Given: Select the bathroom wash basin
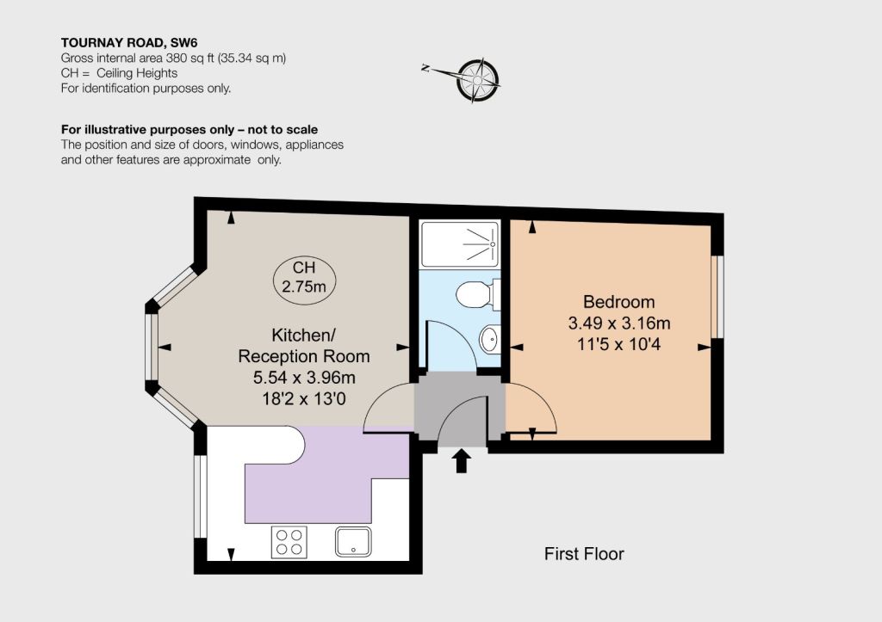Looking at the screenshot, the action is [490, 339].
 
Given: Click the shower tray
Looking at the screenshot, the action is [460, 244].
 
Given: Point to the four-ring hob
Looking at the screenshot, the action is [289, 542].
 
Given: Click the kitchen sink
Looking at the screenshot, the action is [353, 541].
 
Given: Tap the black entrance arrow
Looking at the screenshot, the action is [462, 460].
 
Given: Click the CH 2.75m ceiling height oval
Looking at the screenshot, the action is [304, 277].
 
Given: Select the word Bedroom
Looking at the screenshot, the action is [618, 302].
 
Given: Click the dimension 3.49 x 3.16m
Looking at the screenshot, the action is [618, 323].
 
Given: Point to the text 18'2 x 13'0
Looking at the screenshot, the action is [304, 399].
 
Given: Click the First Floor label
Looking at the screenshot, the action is [584, 554].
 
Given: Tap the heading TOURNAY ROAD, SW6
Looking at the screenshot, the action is [129, 43].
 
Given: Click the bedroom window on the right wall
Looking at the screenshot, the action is [717, 297].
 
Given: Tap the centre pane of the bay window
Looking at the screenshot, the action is [152, 347].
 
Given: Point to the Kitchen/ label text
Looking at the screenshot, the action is [304, 336].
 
